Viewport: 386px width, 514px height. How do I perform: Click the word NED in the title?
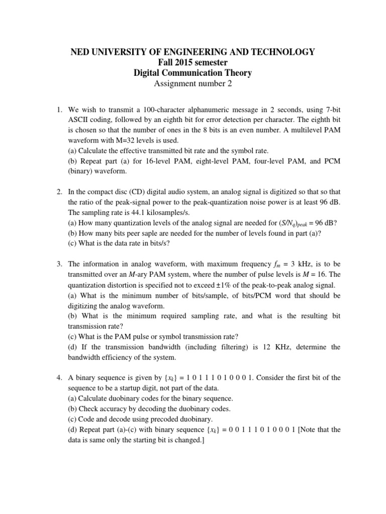[x=79, y=52]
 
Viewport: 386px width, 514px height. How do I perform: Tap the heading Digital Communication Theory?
[x=192, y=73]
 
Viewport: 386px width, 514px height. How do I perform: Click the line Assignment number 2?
[x=192, y=84]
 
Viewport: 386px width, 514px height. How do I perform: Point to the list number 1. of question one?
[x=59, y=109]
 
